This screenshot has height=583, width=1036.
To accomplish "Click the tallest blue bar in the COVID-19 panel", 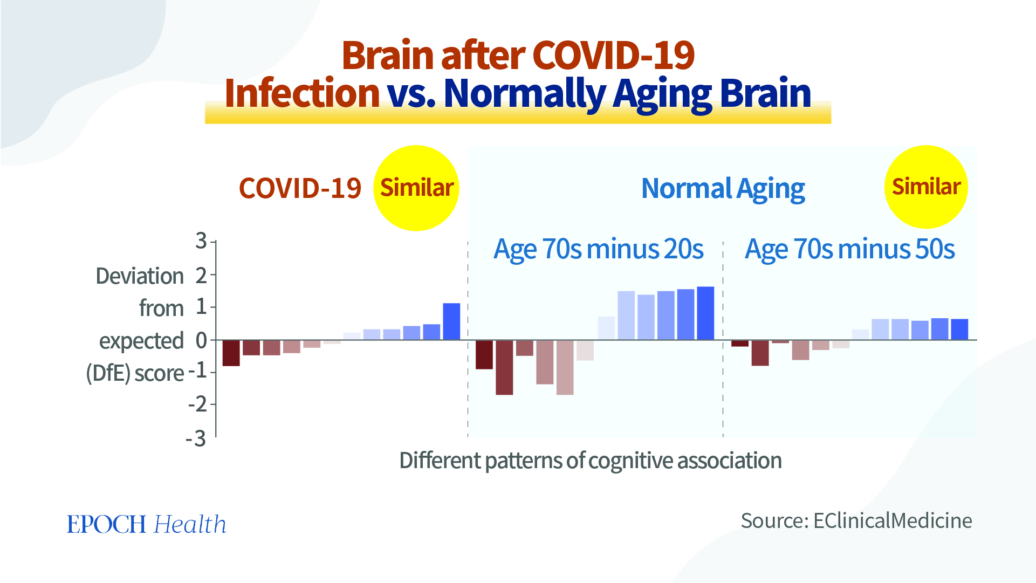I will [451, 321].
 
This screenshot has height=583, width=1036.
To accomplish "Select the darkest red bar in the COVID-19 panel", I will [231, 353].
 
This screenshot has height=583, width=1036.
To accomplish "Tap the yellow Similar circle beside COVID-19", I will [416, 188].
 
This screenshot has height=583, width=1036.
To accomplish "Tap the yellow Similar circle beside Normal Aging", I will [926, 187].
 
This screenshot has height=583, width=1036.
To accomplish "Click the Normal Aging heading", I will [723, 189].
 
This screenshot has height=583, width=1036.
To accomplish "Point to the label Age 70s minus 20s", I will [598, 250].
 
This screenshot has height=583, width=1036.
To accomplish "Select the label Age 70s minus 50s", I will [849, 250].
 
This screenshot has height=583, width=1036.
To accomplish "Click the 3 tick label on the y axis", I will [201, 241].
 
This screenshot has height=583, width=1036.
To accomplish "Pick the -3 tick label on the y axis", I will [196, 439].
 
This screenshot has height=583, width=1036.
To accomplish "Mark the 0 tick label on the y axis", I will [201, 340].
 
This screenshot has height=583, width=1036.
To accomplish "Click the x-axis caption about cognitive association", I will [590, 461].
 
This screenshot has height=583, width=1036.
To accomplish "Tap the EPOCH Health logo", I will [147, 524].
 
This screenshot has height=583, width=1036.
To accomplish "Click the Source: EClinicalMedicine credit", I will [856, 521].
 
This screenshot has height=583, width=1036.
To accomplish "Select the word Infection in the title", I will [302, 93].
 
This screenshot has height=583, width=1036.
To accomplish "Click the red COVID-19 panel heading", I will [300, 189].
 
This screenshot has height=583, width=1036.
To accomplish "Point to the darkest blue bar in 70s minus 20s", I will [705, 313].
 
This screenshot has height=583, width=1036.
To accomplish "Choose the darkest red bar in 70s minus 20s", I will [484, 354].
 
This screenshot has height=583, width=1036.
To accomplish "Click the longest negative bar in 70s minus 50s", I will [760, 353].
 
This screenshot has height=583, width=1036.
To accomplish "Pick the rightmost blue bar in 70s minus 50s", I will [959, 330].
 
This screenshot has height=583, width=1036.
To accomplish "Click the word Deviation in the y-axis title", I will [140, 276].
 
